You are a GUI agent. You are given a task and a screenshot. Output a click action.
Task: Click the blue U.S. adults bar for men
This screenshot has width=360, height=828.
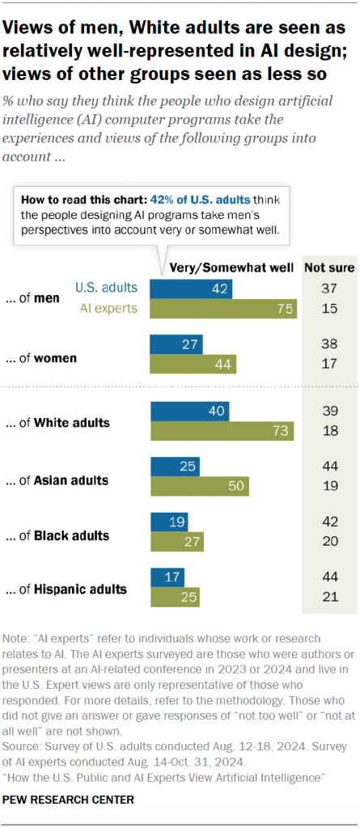click(x=192, y=289)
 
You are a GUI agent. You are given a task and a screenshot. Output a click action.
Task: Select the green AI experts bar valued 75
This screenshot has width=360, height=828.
click(x=224, y=308)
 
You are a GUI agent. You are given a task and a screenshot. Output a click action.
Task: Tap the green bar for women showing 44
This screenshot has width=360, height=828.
click(x=193, y=363)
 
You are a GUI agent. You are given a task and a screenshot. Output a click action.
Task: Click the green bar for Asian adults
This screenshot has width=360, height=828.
click(x=200, y=486)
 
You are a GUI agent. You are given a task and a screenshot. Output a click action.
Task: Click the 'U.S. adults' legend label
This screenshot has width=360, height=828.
click(x=106, y=287)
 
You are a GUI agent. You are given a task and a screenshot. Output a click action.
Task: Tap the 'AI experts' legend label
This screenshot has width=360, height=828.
click(x=109, y=307)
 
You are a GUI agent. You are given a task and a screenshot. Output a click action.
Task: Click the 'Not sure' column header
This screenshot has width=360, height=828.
click(x=328, y=268)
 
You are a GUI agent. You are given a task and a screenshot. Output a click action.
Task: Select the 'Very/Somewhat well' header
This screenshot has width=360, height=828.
click(x=226, y=268)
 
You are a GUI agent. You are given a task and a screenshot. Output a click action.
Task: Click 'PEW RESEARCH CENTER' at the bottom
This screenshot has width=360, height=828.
click(x=68, y=799)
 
